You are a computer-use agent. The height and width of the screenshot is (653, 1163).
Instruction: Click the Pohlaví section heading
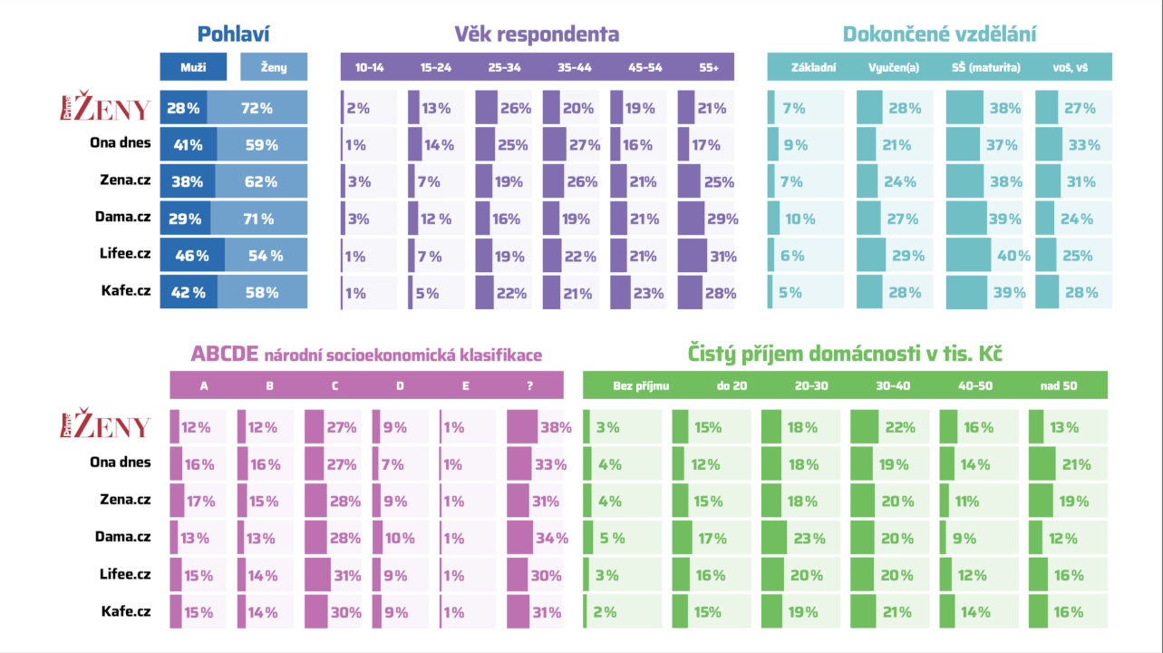pos(234,34)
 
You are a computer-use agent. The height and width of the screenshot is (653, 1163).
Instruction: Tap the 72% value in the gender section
pos(257,108)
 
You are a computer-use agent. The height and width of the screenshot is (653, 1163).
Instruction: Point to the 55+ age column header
pos(709,67)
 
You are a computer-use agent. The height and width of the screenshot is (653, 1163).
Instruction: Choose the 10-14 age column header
pos(369,67)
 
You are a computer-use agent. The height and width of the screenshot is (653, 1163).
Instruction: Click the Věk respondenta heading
pos(537,34)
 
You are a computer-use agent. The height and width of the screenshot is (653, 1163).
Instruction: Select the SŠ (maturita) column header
pos(986,67)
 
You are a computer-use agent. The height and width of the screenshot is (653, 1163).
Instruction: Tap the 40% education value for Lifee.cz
pos(1013,256)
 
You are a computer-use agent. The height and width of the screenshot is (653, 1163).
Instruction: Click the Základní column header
pos(813,67)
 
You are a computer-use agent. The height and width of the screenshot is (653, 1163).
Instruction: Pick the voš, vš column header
pos(1071,67)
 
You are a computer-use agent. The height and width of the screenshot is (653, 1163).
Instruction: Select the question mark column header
pos(529,385)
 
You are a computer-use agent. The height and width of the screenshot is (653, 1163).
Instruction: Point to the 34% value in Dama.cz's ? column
pos(551,538)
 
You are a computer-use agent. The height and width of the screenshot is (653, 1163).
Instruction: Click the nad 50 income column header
pos(1058,385)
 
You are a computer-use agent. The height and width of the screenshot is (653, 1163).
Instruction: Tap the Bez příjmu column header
pos(640,385)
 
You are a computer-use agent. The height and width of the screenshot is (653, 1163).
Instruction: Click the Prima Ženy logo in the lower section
pos(105,426)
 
